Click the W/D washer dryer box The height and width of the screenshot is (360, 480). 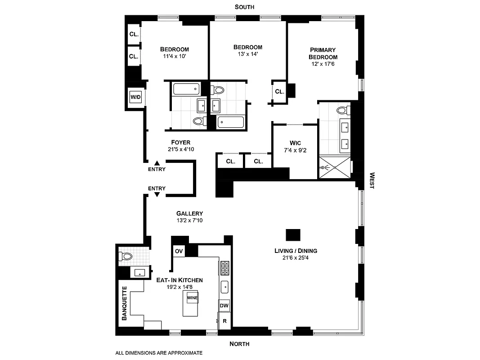pyautogui.click(x=135, y=97)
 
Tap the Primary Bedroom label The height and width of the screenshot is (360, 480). pyautogui.click(x=323, y=54)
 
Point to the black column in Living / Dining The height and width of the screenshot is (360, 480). pyautogui.click(x=293, y=235)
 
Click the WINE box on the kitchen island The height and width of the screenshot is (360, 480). pyautogui.click(x=192, y=297)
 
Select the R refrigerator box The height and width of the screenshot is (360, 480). pyautogui.click(x=224, y=321)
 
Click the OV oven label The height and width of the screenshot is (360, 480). pyautogui.click(x=178, y=251)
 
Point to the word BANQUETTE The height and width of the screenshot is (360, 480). pyautogui.click(x=124, y=303)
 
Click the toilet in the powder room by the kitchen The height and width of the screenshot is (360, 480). pyautogui.click(x=126, y=256)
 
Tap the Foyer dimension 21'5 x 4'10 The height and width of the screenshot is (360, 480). pyautogui.click(x=180, y=149)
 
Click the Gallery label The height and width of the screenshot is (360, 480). pyautogui.click(x=189, y=214)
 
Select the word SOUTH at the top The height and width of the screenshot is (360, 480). pyautogui.click(x=244, y=7)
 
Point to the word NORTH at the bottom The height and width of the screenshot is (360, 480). pyautogui.click(x=239, y=344)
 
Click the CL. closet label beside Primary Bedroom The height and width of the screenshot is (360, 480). pyautogui.click(x=279, y=91)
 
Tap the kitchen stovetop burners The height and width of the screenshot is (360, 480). pyautogui.click(x=224, y=268)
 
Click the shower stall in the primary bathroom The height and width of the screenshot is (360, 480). pyautogui.click(x=334, y=167)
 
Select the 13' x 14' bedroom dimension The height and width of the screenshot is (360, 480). pyautogui.click(x=247, y=54)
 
